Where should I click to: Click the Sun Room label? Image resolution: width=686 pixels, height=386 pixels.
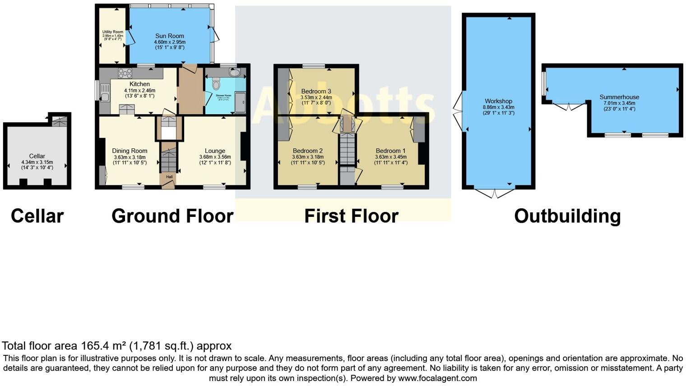(x=169, y=36)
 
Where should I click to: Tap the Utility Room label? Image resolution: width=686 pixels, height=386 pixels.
(x=112, y=32)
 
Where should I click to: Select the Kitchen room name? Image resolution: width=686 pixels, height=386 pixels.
(x=139, y=84)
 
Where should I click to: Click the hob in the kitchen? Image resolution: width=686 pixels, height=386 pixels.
(x=125, y=73)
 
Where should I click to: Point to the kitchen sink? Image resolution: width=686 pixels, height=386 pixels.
(x=105, y=92)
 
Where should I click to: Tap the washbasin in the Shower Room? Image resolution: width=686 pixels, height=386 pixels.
(x=234, y=73)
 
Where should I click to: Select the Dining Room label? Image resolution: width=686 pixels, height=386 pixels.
(x=130, y=151)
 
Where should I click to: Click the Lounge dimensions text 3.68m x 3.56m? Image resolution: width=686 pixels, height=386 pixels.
(x=215, y=157)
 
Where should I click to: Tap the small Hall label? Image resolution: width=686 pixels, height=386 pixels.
(x=169, y=177)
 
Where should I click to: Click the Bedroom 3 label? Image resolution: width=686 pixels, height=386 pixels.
(x=316, y=91)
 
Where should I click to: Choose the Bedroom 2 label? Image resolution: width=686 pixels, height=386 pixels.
(x=307, y=151)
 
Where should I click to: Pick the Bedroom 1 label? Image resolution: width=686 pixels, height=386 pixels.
(x=390, y=151)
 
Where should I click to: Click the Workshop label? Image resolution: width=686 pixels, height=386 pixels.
(x=498, y=101)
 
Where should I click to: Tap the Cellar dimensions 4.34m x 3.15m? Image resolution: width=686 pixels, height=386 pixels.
(x=37, y=162)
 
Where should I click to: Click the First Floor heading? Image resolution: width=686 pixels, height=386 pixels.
(x=351, y=216)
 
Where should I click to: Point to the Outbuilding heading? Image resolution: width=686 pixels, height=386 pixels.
(x=567, y=216)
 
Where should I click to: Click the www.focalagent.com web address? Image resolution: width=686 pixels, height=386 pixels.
(x=437, y=378)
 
